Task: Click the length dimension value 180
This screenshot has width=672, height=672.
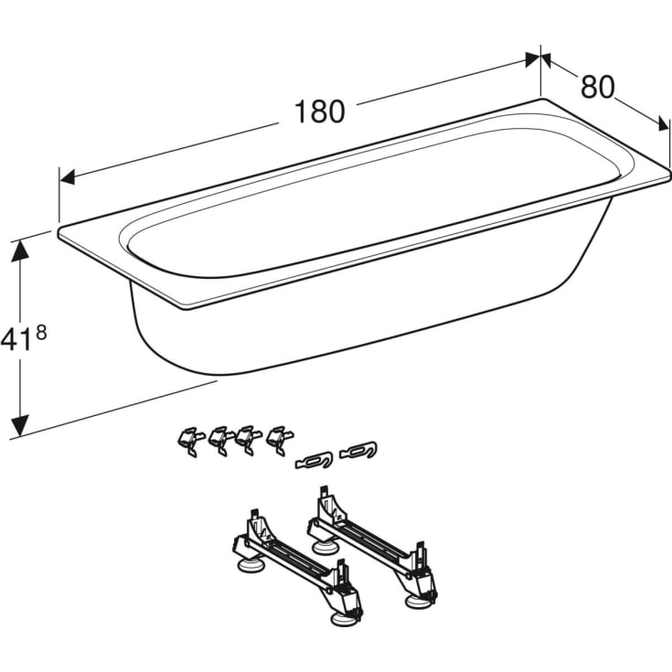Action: pyautogui.click(x=319, y=112)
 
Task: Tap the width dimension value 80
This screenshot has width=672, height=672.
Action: pyautogui.click(x=597, y=87)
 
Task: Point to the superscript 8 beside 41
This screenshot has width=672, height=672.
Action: pyautogui.click(x=41, y=333)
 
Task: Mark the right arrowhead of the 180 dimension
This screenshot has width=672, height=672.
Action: pyautogui.click(x=532, y=60)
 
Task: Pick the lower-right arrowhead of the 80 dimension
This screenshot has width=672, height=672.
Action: pyautogui.click(x=663, y=124)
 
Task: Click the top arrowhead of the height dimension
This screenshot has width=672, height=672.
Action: pyautogui.click(x=20, y=250)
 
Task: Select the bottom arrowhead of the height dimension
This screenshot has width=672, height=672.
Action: pyautogui.click(x=20, y=425)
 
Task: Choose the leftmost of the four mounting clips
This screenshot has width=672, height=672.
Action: pyautogui.click(x=190, y=441)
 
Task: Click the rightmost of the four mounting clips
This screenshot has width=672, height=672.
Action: pyautogui.click(x=280, y=439)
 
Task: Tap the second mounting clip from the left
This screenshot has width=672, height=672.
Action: pyautogui.click(x=221, y=440)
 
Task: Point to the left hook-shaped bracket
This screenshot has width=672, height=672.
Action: pyautogui.click(x=314, y=460)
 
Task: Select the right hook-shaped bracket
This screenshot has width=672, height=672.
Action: pyautogui.click(x=358, y=450)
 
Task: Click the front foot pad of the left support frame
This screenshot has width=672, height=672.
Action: pyautogui.click(x=343, y=619)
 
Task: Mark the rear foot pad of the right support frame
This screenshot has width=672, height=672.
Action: pyautogui.click(x=325, y=548)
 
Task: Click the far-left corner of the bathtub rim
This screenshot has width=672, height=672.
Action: pyautogui.click(x=59, y=230)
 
